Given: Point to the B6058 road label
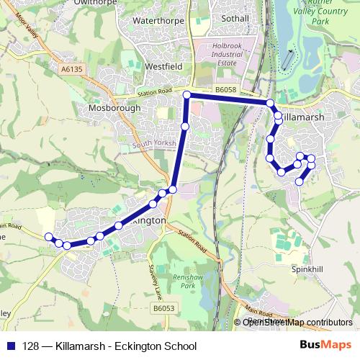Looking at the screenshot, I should point(225,89).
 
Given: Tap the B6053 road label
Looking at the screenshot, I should point(163,308).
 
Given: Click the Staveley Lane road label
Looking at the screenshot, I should point(153,282).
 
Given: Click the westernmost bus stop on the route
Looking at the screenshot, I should point(49,237).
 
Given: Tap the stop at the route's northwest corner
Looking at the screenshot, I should point(186,95).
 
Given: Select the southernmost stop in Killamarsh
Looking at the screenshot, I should point(300,182).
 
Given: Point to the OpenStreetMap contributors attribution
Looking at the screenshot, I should point(297,322).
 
